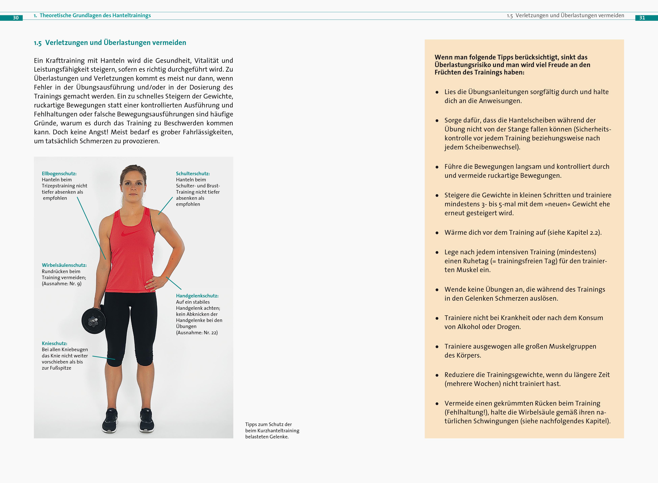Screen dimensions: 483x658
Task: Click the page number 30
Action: click(16, 18)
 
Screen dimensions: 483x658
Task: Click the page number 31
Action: click(642, 18)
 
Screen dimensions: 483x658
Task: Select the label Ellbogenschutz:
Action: click(59, 173)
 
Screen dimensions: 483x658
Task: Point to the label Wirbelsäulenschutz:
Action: click(64, 265)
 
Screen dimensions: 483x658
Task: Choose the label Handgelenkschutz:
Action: click(197, 296)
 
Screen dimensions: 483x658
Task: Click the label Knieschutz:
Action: click(55, 343)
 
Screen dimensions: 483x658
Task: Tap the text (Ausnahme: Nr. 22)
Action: click(197, 332)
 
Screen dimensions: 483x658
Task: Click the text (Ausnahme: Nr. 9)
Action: click(62, 284)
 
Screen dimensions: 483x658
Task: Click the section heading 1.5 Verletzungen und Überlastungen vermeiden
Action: click(110, 43)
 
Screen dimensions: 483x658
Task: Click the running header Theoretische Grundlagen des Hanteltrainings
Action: click(95, 16)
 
